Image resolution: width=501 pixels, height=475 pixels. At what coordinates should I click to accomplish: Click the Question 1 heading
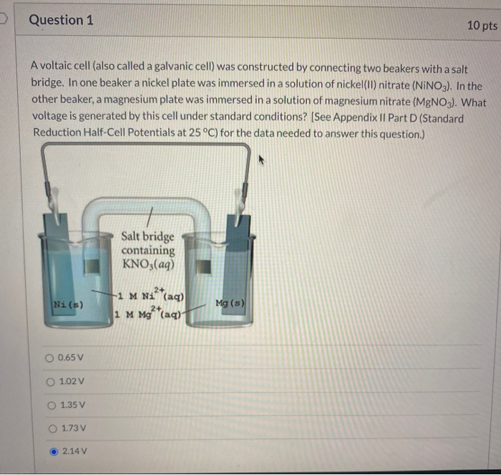click(x=62, y=20)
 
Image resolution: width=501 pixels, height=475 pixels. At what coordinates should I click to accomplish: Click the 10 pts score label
click(x=481, y=25)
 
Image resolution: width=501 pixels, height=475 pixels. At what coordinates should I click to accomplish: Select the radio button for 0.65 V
click(x=50, y=358)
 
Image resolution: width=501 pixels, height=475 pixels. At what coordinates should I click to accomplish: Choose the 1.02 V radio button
click(x=50, y=381)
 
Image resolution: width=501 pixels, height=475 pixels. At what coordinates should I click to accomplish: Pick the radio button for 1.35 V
click(x=50, y=405)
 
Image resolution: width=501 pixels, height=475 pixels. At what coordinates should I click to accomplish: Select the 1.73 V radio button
click(x=50, y=428)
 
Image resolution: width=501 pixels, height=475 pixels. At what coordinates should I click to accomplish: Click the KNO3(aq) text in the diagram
click(x=148, y=264)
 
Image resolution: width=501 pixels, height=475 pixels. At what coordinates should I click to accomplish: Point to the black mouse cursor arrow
click(x=263, y=163)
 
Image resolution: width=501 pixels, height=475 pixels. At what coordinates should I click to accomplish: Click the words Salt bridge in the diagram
click(x=147, y=236)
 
